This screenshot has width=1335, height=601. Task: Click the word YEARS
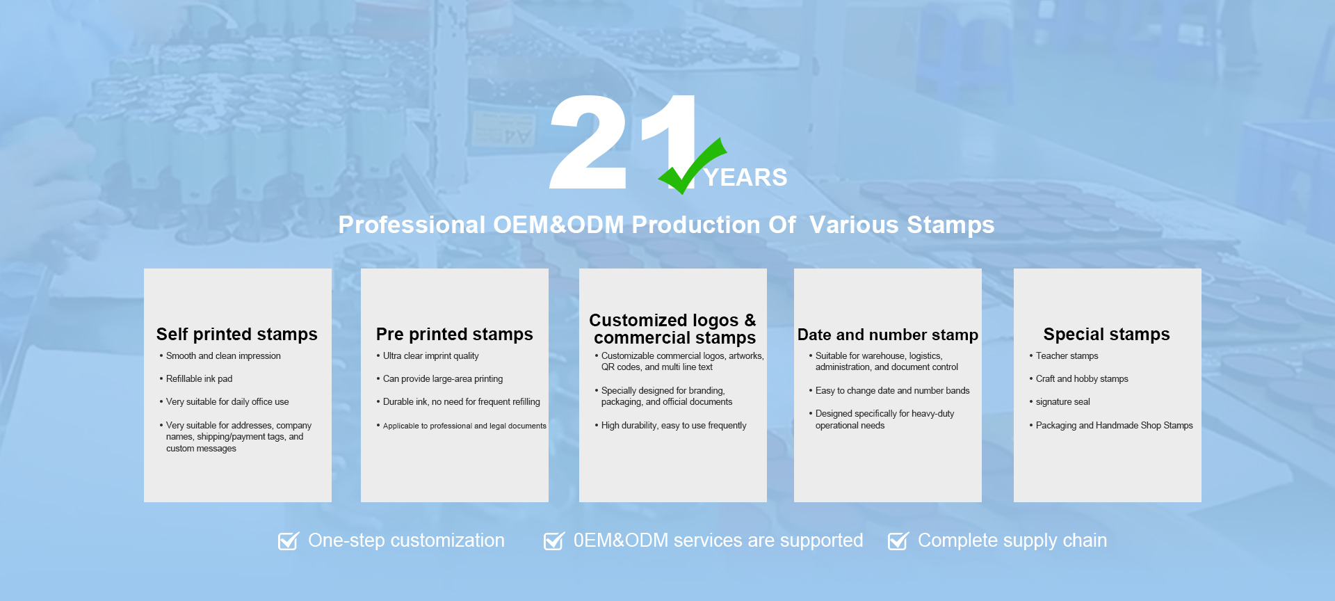[745, 177]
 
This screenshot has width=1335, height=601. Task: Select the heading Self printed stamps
[237, 335]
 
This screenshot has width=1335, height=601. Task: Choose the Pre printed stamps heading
[455, 335]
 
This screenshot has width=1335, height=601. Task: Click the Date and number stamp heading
[888, 335]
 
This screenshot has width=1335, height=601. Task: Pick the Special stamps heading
[1107, 335]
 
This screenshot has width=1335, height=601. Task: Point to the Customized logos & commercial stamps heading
[673, 329]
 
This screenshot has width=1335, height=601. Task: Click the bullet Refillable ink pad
[199, 378]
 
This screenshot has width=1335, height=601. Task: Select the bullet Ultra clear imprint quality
[430, 355]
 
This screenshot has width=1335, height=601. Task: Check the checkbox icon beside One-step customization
[289, 540]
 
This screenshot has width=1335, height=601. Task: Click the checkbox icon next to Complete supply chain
[898, 540]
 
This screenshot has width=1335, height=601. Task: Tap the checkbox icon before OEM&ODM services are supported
[554, 540]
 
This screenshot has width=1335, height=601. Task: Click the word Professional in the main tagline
[412, 225]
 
